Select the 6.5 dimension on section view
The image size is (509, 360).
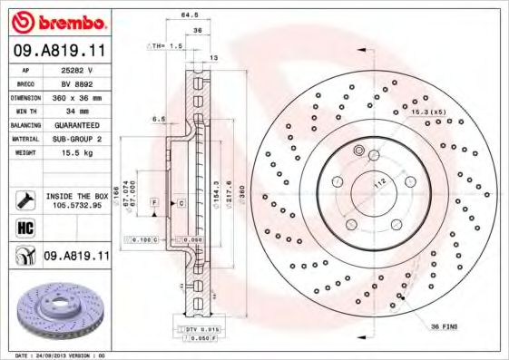159,119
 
